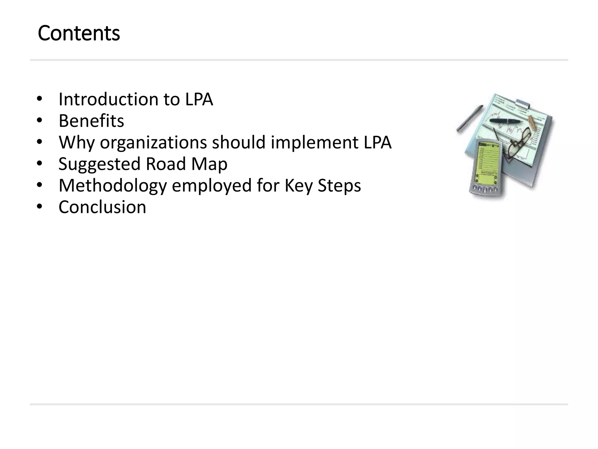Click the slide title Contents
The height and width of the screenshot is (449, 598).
79,33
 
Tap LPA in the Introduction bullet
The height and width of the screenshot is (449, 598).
199,99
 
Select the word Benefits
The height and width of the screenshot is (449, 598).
91,121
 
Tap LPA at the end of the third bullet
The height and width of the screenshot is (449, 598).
378,142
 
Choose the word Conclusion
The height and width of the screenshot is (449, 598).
102,207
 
